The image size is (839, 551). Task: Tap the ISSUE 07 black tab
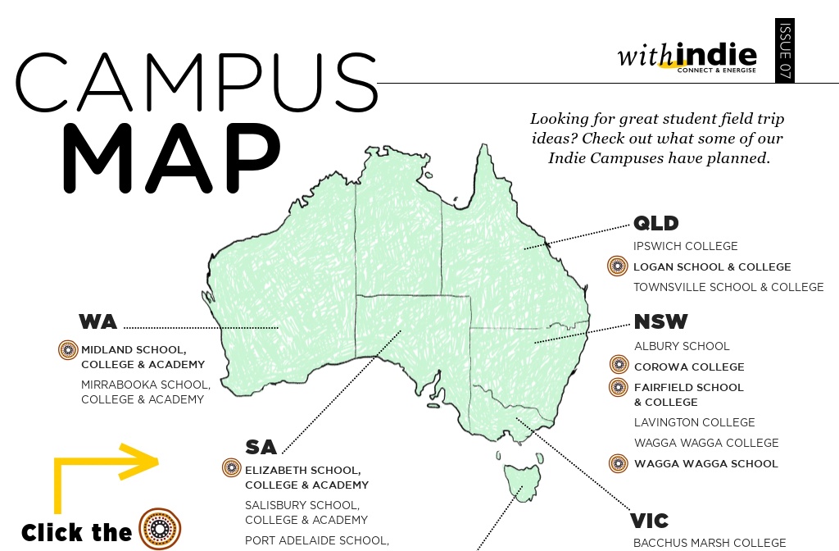[784, 51]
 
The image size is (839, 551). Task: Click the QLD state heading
[656, 224]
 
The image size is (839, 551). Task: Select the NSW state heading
[660, 321]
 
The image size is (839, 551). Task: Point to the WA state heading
[98, 321]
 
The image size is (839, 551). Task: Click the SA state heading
[261, 447]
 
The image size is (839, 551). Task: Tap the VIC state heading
[649, 521]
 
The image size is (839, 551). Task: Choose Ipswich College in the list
[685, 246]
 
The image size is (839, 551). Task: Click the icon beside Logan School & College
[617, 266]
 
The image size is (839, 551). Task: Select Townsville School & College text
[728, 287]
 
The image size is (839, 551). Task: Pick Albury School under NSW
[682, 346]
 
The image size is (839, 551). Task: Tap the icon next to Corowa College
[619, 366]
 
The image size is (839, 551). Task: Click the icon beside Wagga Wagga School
[619, 463]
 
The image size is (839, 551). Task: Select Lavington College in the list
[694, 422]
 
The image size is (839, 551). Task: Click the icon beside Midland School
[67, 350]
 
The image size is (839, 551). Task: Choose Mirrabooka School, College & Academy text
[145, 392]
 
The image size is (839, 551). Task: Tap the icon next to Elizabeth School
[232, 468]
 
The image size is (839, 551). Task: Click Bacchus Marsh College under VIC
[709, 543]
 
